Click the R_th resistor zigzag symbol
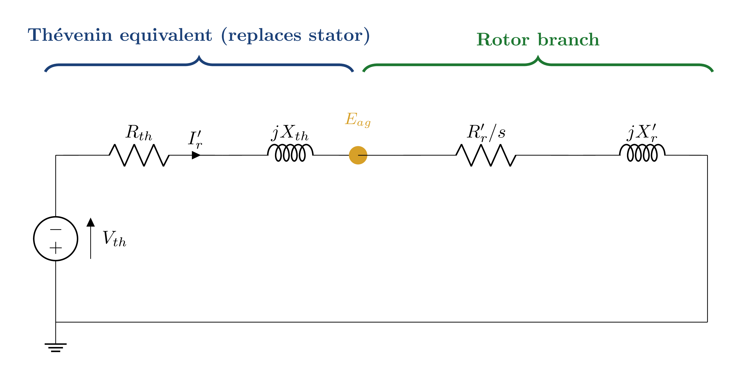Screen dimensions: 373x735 (x=139, y=155)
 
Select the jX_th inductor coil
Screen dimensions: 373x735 (x=290, y=153)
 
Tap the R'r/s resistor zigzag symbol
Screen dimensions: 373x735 (x=486, y=155)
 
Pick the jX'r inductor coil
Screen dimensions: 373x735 (x=642, y=153)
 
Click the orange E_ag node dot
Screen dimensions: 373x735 (x=358, y=155)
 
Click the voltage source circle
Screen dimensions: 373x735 (x=56, y=239)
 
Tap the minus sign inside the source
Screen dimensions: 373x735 (x=56, y=229)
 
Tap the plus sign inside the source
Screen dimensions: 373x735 (x=56, y=248)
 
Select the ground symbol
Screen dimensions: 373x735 (x=56, y=347)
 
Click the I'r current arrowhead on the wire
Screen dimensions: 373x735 (x=196, y=155)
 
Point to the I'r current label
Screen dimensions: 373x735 (x=196, y=139)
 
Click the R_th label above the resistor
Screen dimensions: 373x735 (x=139, y=133)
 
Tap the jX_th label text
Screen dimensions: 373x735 (x=290, y=133)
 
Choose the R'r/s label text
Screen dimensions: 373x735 (x=486, y=133)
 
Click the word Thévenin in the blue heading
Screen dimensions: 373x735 (x=70, y=35)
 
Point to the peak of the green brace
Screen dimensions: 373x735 (x=538, y=57)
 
